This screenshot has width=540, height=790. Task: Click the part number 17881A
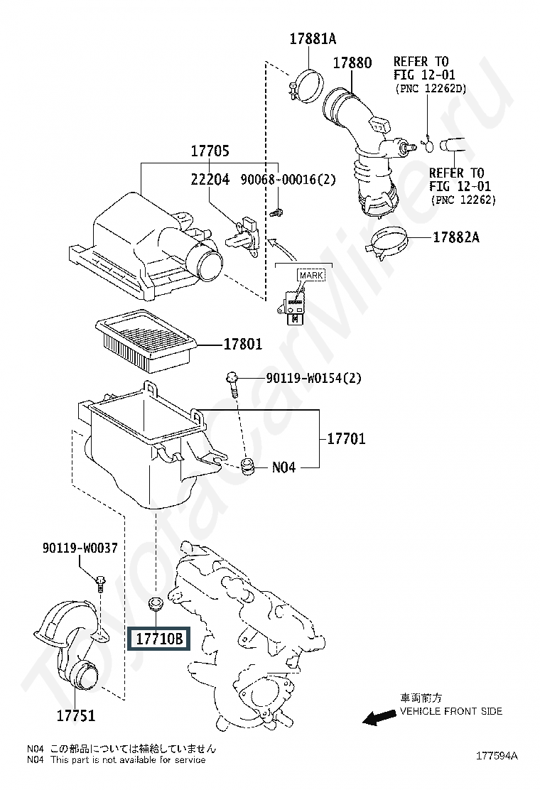pos(313,39)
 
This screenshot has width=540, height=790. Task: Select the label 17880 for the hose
pos(352,63)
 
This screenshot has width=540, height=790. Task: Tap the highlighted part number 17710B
pos(158,639)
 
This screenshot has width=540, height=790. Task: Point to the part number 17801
pos(243,344)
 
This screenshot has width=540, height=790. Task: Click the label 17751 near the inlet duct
pos(75,715)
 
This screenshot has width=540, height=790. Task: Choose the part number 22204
pos(210,179)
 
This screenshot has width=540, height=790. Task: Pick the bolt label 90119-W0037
pos(80,548)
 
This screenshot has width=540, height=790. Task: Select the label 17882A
pos(456,237)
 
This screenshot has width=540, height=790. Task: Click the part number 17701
pos(346,438)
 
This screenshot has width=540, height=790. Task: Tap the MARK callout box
pos(311,276)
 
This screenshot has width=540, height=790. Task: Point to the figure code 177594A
pos(497,755)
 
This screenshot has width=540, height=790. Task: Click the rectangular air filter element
pos(146,340)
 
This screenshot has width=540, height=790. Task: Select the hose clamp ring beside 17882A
pos(387,243)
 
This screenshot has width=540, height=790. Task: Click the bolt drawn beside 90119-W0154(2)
pos(233,384)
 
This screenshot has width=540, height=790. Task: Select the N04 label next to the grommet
pos(283,467)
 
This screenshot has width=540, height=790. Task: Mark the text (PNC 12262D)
pos(431,88)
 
